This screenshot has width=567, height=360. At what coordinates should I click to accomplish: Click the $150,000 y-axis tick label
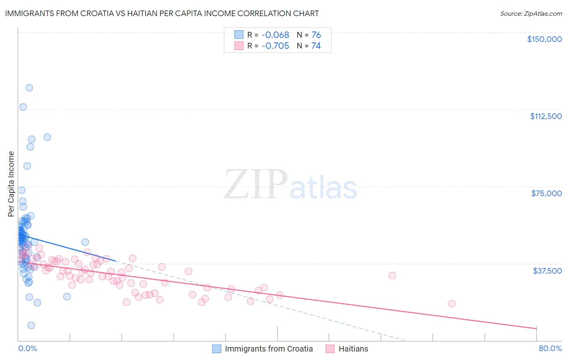coord(544,39)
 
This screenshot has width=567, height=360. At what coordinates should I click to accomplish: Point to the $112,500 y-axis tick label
coord(546,116)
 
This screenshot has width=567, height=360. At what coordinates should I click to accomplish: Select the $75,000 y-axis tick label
coord(546,193)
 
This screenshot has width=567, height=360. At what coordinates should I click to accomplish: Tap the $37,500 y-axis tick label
coord(547,271)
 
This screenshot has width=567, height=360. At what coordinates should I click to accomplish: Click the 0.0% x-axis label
coord(27,348)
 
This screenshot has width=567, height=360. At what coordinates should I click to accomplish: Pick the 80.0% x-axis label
coord(550,348)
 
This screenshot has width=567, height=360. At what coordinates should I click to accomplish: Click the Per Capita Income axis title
coord(11,184)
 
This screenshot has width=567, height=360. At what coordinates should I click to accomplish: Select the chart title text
coord(162,13)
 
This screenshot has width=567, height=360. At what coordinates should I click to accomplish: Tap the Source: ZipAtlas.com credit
coord(531,13)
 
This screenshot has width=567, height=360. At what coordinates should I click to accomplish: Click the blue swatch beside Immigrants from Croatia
coord(217,349)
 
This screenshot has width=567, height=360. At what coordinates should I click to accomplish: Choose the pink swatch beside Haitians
coord(330,349)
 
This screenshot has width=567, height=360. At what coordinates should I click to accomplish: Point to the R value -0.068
coord(275,35)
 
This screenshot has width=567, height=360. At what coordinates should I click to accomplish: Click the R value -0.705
coord(275,46)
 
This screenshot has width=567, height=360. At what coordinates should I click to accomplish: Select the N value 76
coord(316,35)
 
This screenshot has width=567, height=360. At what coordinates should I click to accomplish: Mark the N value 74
coord(316,46)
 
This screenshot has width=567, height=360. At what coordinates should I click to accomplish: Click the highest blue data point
coord(29,88)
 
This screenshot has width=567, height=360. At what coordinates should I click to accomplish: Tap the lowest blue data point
coord(31,325)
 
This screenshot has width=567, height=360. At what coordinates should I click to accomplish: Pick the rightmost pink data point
coord(452,303)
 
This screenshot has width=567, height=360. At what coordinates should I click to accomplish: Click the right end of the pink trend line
coord(536,329)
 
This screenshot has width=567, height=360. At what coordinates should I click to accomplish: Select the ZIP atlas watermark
coord(290,185)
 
